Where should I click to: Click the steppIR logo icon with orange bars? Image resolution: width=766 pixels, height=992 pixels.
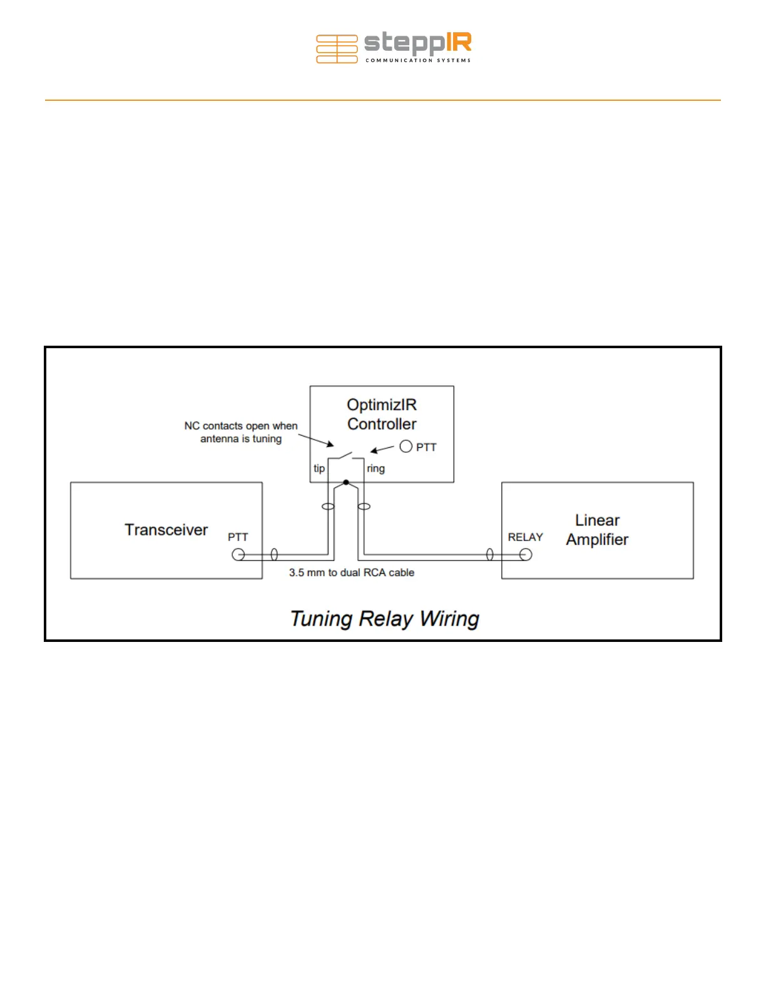coord(337,49)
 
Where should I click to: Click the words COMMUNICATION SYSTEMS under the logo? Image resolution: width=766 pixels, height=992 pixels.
coord(418,61)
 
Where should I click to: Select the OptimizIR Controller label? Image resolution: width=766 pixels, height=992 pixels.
coord(382,415)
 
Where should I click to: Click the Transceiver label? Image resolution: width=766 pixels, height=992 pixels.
coord(166,530)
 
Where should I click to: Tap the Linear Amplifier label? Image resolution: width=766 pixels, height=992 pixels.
coord(597,530)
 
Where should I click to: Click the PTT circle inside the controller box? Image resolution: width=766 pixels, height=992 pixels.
coord(406,447)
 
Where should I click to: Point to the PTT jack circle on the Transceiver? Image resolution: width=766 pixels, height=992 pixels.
coord(238,554)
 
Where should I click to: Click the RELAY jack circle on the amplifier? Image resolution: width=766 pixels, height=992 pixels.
coord(526,554)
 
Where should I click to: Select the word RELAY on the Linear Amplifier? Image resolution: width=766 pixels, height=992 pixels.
coord(525,537)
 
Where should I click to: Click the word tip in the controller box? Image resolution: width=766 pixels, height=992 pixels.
coord(319,468)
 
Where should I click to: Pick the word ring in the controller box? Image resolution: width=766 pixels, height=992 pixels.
coord(375,468)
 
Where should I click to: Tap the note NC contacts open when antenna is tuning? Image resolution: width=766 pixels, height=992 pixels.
coord(241,432)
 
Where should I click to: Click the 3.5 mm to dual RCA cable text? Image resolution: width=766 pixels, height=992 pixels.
coord(352,572)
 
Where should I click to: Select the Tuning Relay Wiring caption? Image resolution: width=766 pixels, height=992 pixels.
coord(384,619)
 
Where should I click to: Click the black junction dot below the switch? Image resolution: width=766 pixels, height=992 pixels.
coord(346,482)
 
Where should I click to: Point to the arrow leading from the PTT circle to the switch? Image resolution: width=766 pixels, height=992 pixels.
coord(382,449)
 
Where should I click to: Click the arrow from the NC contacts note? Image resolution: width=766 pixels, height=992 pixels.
coord(316,440)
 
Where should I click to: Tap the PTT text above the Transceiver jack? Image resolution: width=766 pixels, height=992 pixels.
coord(238,537)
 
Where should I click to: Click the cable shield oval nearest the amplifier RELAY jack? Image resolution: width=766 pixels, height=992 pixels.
coord(490,554)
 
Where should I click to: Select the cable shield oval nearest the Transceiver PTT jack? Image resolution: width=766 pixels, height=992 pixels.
coord(274,554)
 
